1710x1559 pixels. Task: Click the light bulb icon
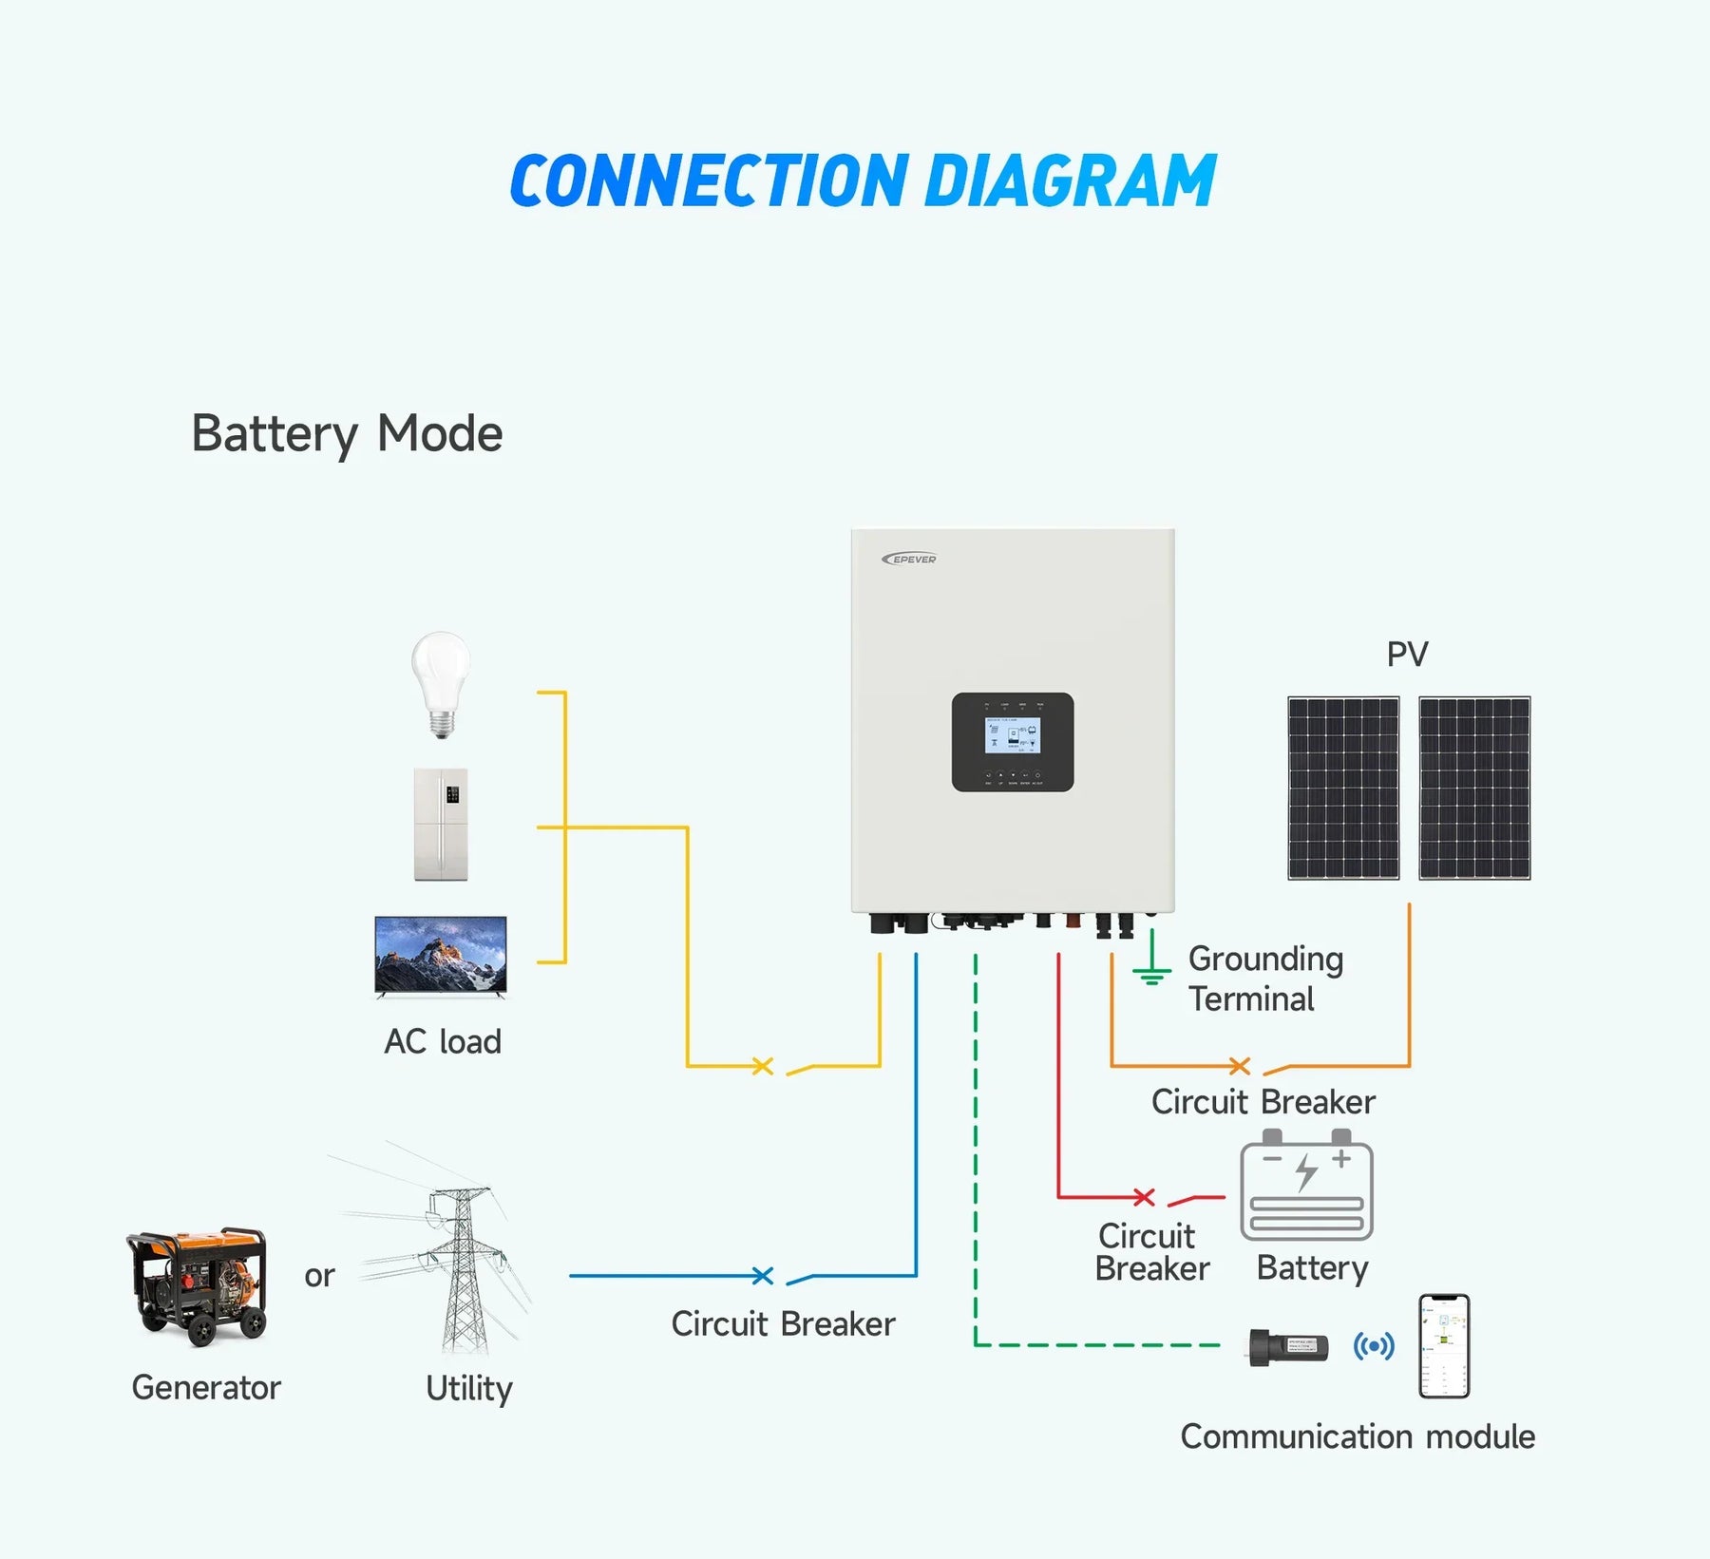pyautogui.click(x=441, y=682)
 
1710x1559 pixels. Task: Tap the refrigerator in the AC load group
pyautogui.click(x=441, y=825)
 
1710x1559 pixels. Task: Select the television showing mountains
pyautogui.click(x=441, y=955)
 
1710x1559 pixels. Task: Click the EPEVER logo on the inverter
pyautogui.click(x=909, y=559)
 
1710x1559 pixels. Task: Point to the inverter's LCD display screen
pyautogui.click(x=1013, y=735)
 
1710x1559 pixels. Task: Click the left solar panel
pyautogui.click(x=1343, y=788)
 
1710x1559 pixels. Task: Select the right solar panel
pyautogui.click(x=1474, y=788)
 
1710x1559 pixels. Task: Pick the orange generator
pyautogui.click(x=199, y=1284)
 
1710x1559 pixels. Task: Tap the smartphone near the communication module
pyautogui.click(x=1443, y=1345)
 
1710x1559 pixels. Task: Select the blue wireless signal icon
pyautogui.click(x=1374, y=1346)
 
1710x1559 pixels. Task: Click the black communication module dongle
pyautogui.click(x=1288, y=1347)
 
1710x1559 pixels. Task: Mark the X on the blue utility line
pyautogui.click(x=762, y=1276)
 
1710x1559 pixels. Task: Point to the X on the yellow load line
pyautogui.click(x=762, y=1066)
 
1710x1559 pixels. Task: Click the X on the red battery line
pyautogui.click(x=1145, y=1197)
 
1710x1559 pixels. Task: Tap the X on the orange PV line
pyautogui.click(x=1239, y=1066)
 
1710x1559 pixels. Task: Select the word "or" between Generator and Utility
pyautogui.click(x=319, y=1276)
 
